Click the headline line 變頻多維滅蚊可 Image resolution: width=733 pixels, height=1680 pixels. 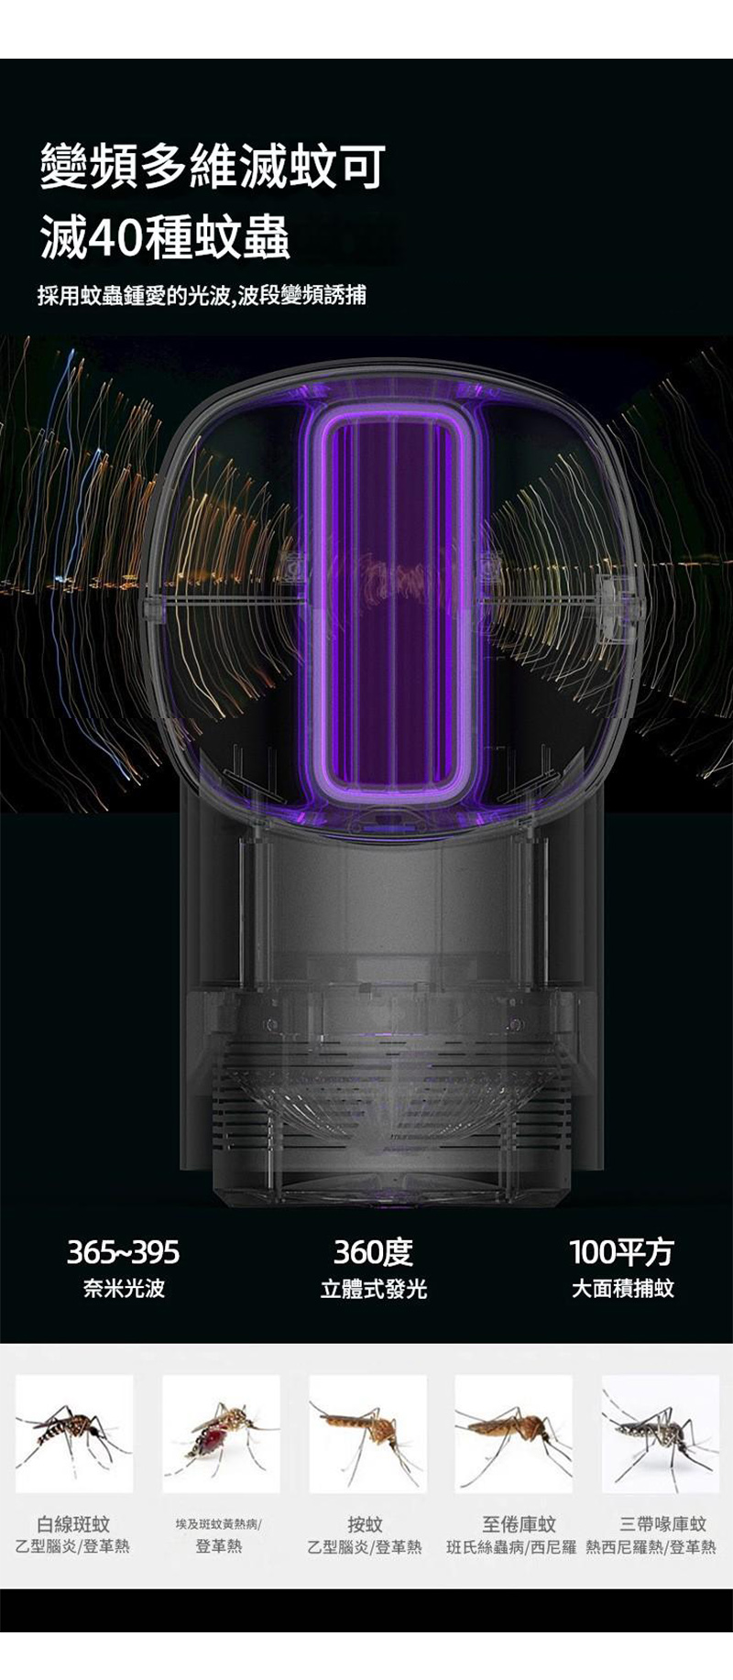[x=212, y=167]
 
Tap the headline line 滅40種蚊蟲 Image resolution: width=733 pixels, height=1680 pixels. [x=165, y=237]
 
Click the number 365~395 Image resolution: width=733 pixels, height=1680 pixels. [x=123, y=1251]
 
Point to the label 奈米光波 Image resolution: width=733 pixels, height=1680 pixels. [x=124, y=1289]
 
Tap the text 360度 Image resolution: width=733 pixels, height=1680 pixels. [x=373, y=1251]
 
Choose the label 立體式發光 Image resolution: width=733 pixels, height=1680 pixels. [x=373, y=1289]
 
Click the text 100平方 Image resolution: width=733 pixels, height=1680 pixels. [x=621, y=1251]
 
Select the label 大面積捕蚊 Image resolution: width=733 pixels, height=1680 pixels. [x=622, y=1289]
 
